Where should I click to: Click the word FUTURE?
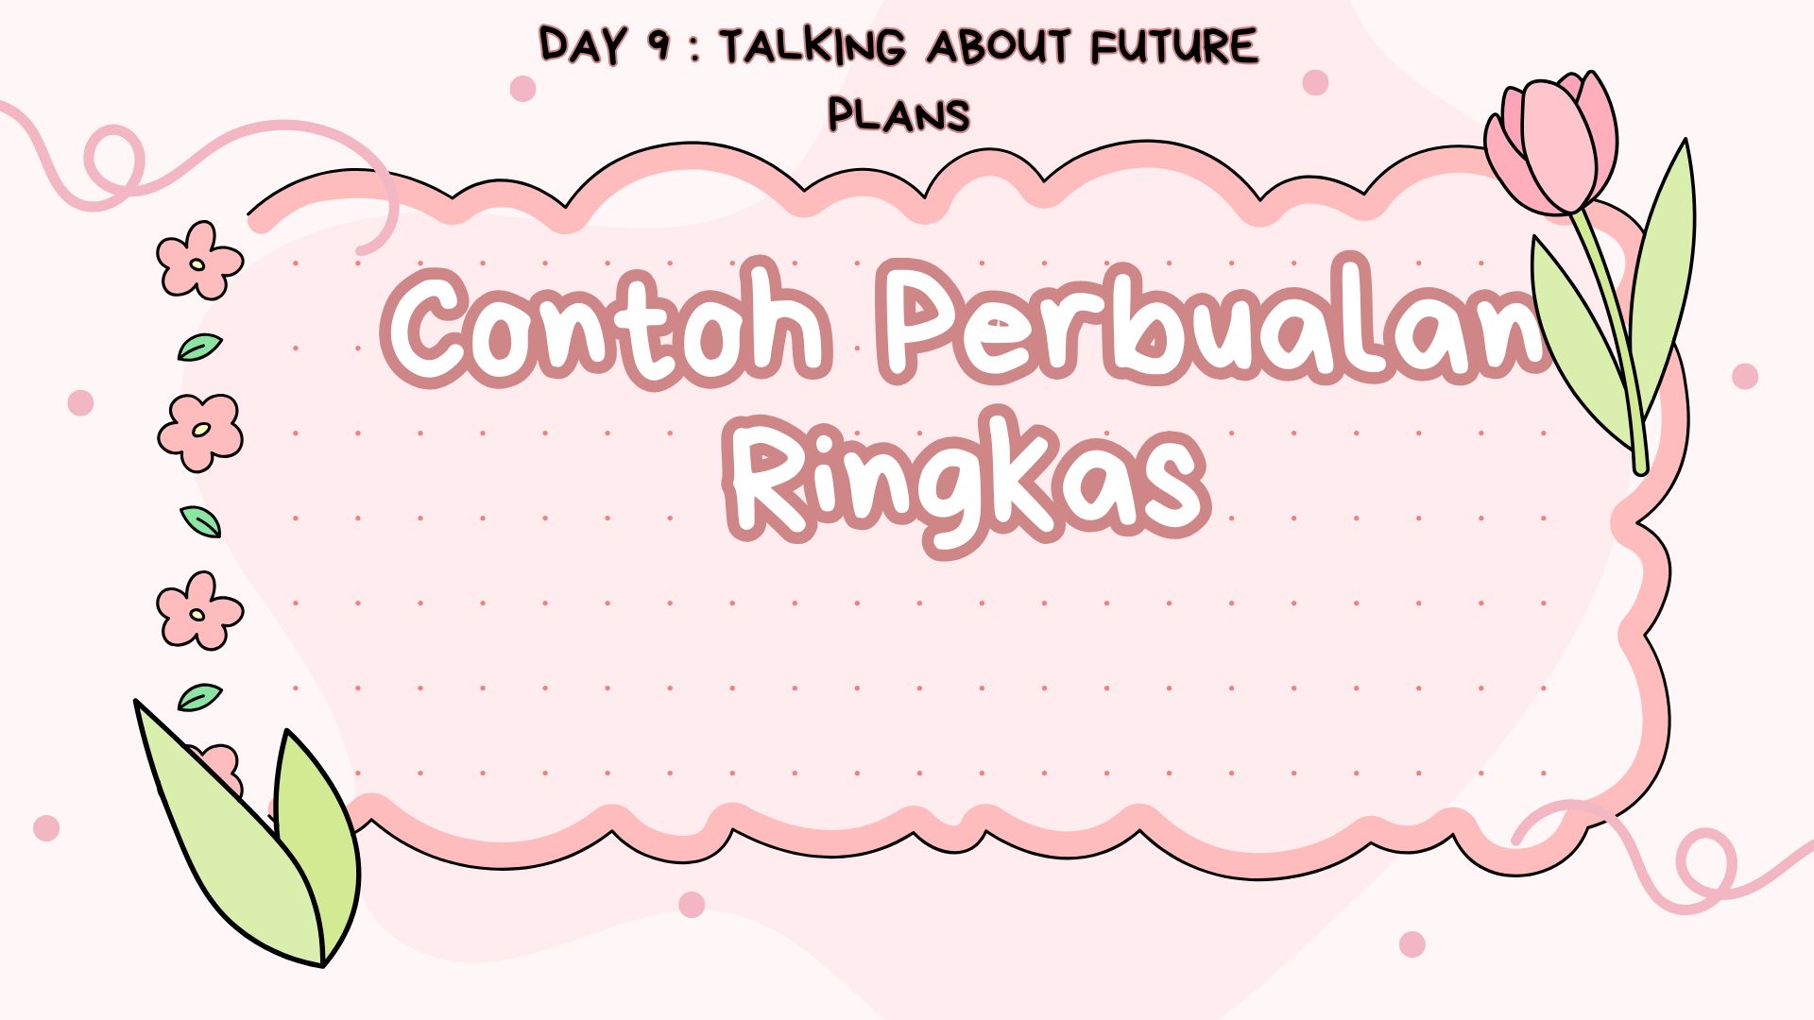tap(1174, 46)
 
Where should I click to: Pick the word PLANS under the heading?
tap(899, 115)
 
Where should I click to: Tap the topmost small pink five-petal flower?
tap(198, 261)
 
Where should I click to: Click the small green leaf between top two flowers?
tap(199, 348)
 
